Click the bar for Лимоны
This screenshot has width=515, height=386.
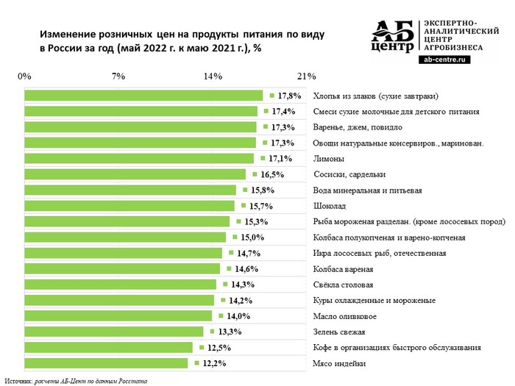(x=139, y=158)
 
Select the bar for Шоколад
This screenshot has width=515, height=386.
(x=129, y=206)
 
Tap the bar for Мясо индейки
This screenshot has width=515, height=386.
(x=107, y=363)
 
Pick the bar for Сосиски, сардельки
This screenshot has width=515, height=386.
(x=135, y=174)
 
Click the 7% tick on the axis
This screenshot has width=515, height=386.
(x=118, y=76)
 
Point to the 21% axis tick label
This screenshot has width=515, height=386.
(x=306, y=76)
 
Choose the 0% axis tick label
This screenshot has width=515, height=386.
(x=24, y=76)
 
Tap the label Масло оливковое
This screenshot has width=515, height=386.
(x=345, y=316)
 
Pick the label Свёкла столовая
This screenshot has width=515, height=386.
(x=344, y=285)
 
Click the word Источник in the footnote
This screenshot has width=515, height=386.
(x=20, y=380)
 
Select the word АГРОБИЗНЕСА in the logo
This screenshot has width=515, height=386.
(x=455, y=46)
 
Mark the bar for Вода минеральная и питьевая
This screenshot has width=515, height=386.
(x=130, y=190)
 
